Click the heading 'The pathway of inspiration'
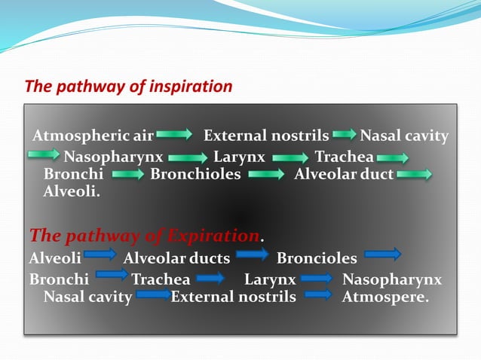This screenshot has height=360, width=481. click(x=129, y=86)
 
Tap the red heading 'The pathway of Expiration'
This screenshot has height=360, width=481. click(x=144, y=236)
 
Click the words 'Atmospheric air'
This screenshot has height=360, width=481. click(x=93, y=136)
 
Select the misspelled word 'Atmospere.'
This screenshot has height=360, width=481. click(x=385, y=296)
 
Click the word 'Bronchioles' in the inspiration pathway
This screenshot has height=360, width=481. click(x=195, y=175)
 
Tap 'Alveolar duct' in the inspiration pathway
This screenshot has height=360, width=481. click(x=344, y=175)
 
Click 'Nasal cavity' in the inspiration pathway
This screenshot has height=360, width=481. click(x=404, y=136)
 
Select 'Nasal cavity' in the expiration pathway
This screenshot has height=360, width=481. click(x=87, y=296)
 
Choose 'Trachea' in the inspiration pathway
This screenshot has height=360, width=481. click(x=344, y=157)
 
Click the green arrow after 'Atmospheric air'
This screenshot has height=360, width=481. click(x=174, y=135)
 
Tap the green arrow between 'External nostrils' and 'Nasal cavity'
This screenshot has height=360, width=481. click(x=344, y=135)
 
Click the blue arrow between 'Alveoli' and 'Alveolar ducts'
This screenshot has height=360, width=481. click(x=101, y=255)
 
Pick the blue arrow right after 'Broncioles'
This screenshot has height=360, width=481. click(x=383, y=255)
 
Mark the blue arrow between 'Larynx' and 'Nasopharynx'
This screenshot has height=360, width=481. click(x=317, y=278)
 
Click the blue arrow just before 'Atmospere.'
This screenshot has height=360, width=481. click(x=318, y=294)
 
